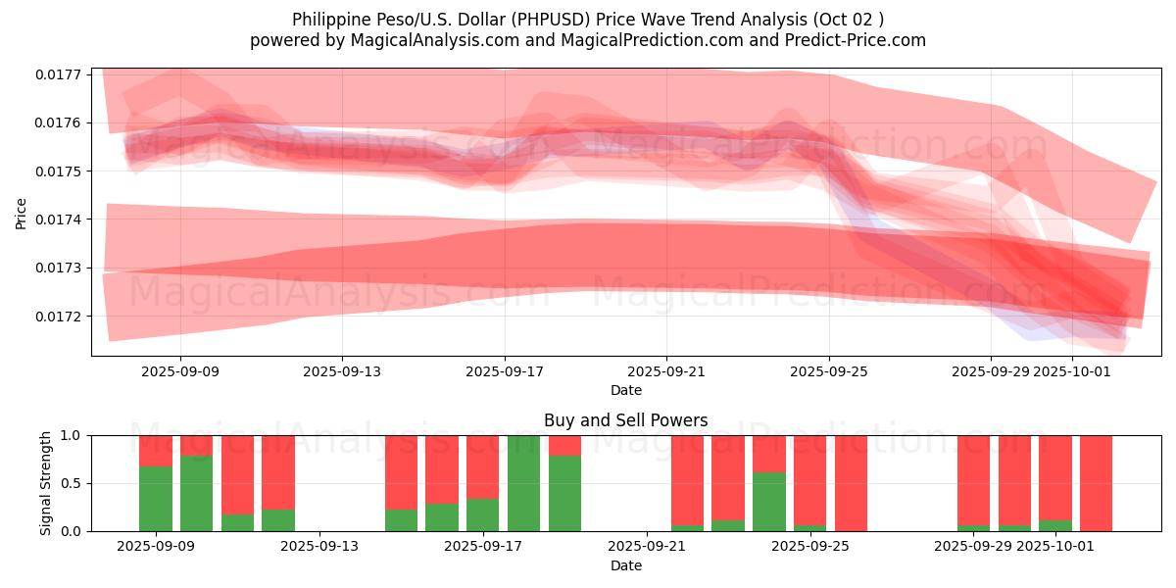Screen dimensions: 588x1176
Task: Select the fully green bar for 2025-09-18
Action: point(523,483)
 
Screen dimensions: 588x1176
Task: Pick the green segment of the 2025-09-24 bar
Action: point(769,502)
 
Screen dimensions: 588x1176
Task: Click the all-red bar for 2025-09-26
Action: point(851,483)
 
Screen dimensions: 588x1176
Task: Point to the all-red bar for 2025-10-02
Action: point(1096,483)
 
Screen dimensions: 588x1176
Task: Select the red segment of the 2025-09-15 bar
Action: point(401,471)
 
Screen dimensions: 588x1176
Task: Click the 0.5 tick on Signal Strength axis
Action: point(74,483)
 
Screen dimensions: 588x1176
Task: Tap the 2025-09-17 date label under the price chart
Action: point(505,371)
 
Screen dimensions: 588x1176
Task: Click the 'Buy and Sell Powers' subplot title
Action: point(625,420)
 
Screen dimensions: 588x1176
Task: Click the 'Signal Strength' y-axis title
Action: point(45,483)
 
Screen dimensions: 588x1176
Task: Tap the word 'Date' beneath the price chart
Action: point(625,390)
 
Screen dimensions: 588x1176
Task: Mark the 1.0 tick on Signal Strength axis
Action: point(74,435)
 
